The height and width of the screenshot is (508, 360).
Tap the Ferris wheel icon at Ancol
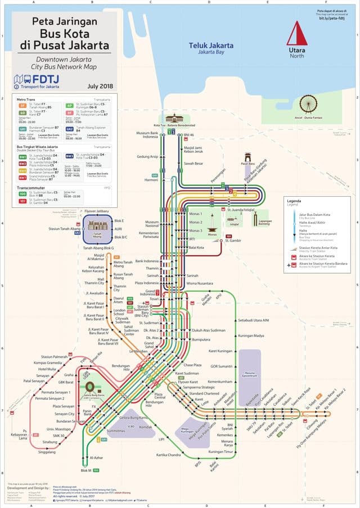pos(308,105)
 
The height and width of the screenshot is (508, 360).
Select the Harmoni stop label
pos(151,180)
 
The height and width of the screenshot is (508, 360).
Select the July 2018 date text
pos(100,86)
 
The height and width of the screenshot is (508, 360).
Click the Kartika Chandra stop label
pos(168,454)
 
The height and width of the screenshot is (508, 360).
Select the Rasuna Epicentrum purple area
pos(249,373)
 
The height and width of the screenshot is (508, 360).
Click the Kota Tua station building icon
pos(174,119)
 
